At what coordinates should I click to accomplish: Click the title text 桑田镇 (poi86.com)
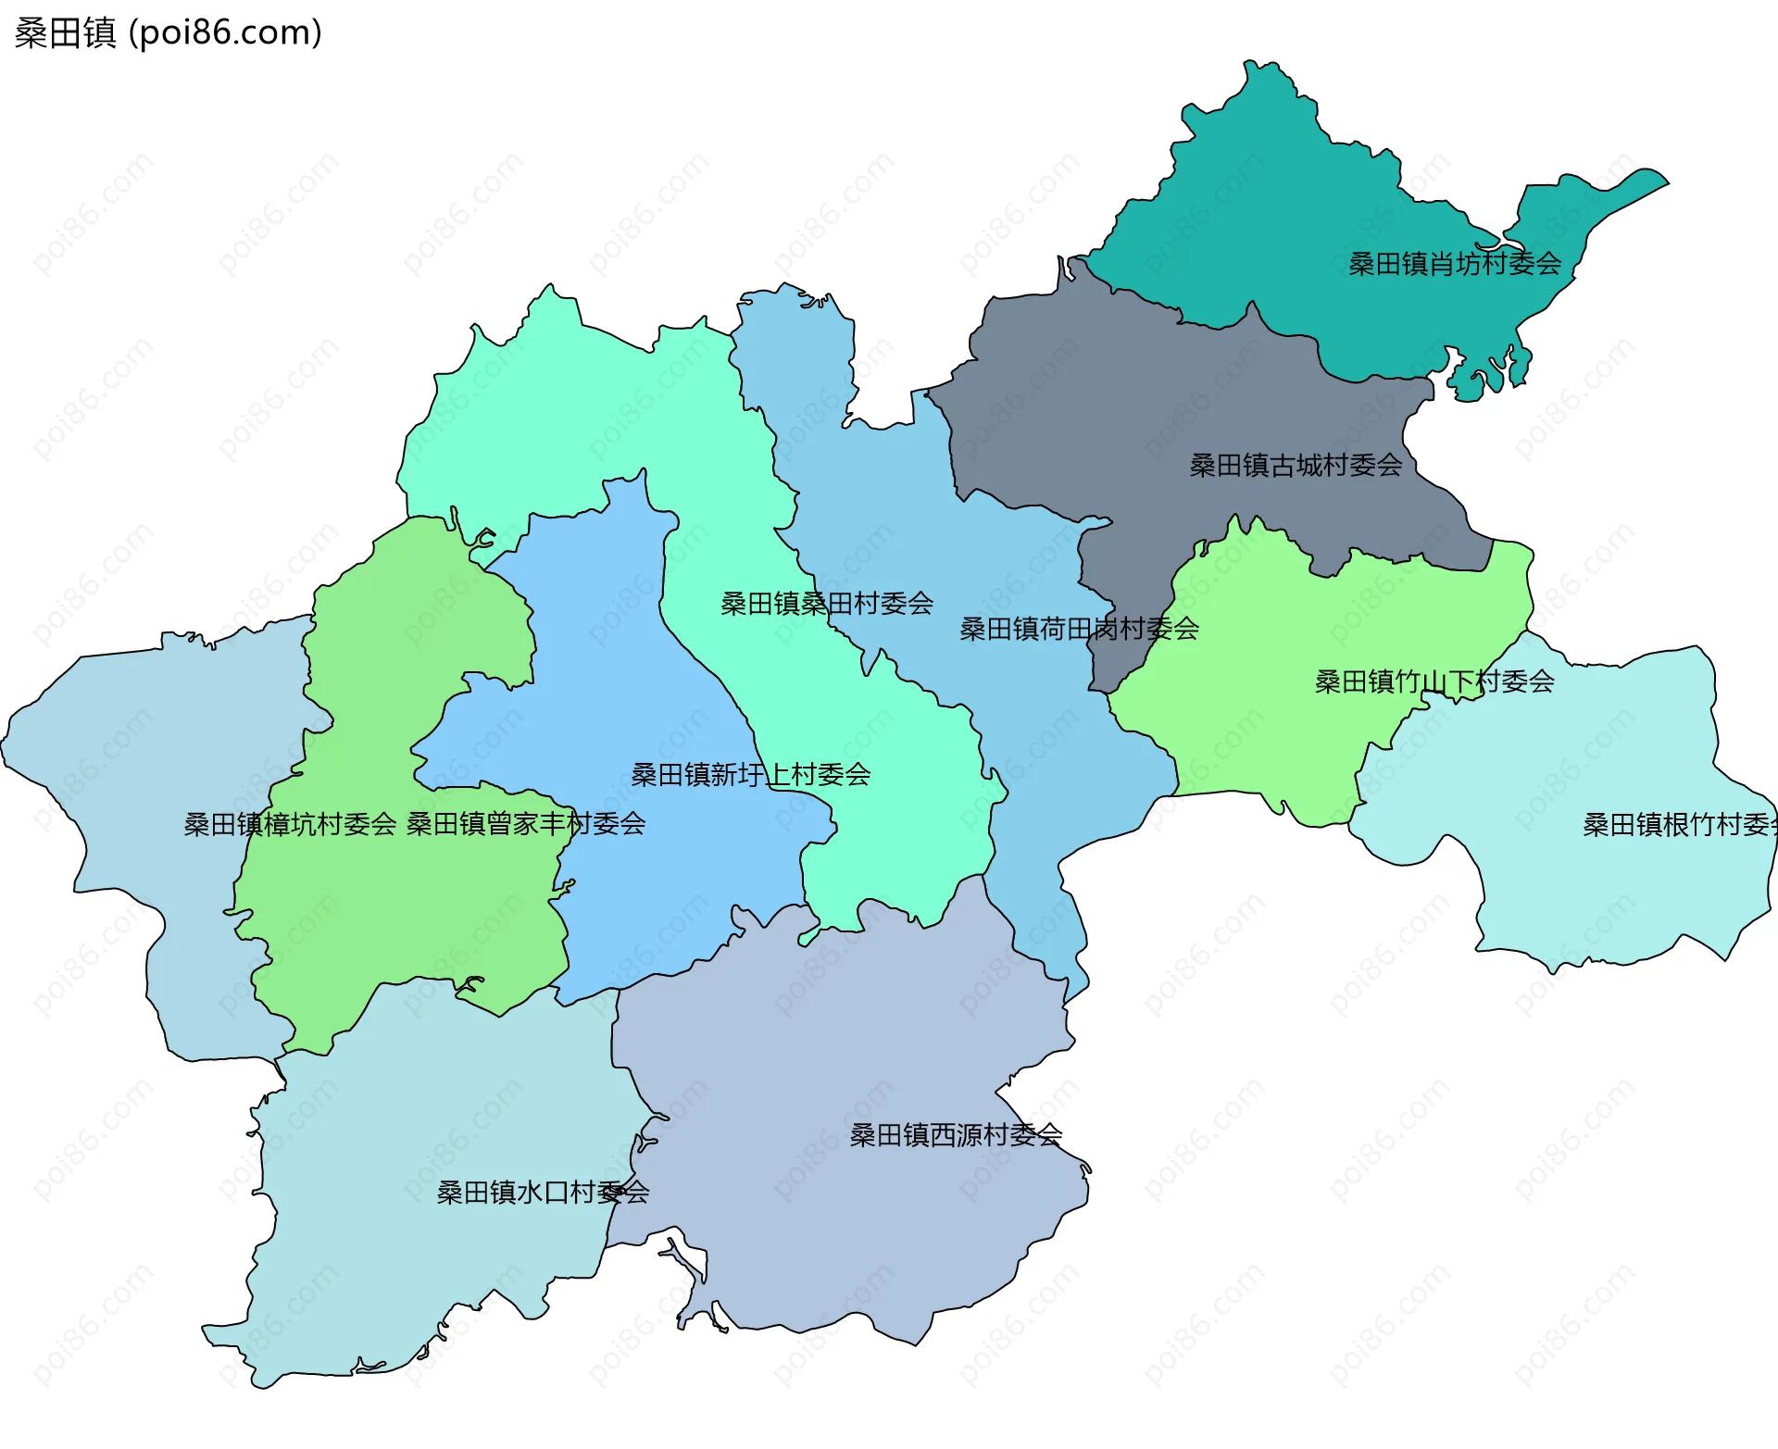click(168, 32)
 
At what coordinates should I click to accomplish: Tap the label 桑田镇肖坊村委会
click(1454, 264)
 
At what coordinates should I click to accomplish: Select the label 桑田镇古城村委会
click(1296, 465)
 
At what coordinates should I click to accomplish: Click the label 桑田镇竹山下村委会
click(1434, 681)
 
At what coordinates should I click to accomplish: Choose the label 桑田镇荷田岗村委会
click(1079, 629)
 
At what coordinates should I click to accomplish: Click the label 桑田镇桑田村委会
click(826, 604)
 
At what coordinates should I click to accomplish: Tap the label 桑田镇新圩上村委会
click(750, 774)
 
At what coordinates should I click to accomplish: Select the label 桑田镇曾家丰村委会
click(525, 823)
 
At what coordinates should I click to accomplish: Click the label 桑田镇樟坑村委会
click(290, 824)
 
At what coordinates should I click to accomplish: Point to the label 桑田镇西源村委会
click(956, 1134)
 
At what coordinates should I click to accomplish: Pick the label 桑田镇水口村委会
click(543, 1192)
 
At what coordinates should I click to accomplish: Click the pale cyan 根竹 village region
click(1574, 889)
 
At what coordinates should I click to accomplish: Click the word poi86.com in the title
click(225, 32)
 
